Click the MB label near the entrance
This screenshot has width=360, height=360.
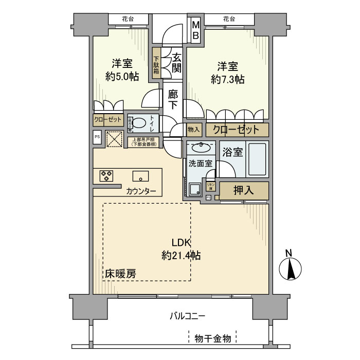(x=196, y=30)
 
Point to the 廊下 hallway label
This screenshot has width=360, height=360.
(x=173, y=99)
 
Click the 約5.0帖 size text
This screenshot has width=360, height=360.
(x=122, y=77)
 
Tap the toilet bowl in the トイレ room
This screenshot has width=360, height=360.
(x=139, y=123)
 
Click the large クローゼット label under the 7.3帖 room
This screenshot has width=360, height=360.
(x=237, y=129)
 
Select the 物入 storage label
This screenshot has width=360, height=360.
(x=193, y=130)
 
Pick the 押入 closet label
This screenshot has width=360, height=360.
(x=244, y=190)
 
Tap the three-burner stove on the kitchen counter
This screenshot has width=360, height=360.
(x=107, y=176)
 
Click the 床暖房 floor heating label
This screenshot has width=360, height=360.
(x=121, y=274)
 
